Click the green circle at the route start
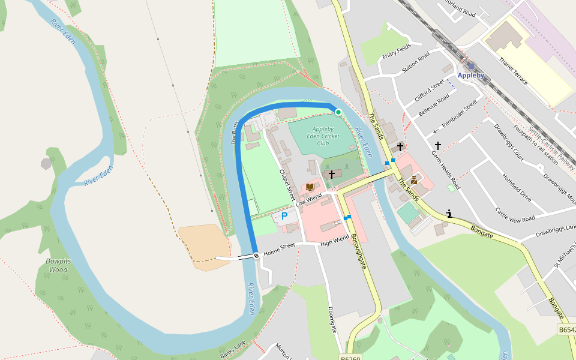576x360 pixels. (338, 112)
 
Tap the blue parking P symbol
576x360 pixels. (284, 215)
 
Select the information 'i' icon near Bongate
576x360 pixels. (449, 213)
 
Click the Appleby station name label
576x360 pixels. (470, 76)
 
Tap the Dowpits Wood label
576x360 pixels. (56, 265)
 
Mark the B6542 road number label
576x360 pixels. (567, 330)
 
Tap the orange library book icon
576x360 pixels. (310, 187)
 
